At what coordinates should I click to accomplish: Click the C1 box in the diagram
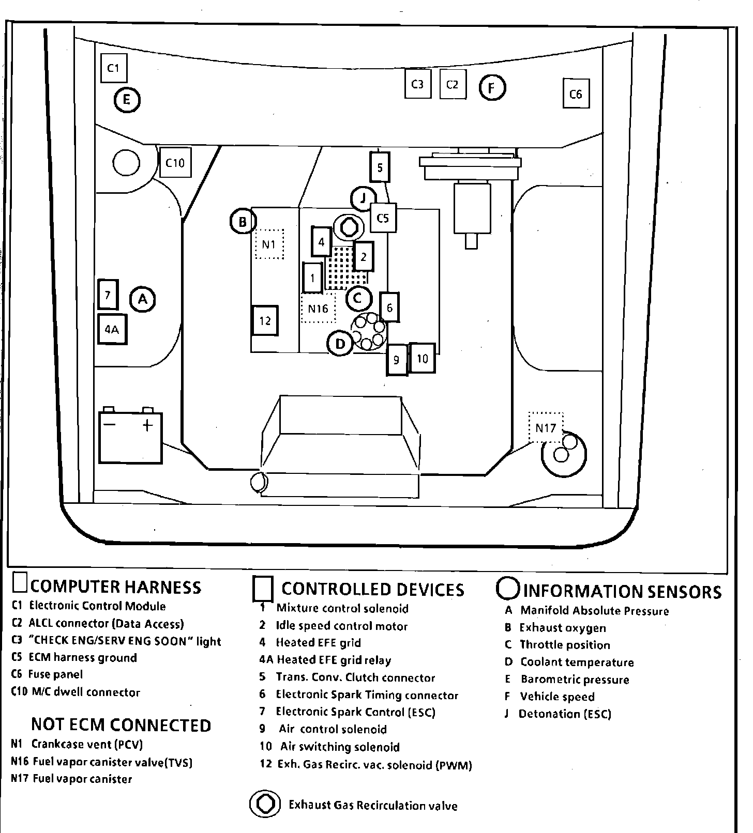pos(114,67)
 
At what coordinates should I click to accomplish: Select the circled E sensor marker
pos(127,100)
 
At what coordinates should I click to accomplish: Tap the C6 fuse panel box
pos(576,94)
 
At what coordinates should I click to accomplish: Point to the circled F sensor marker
pos(491,87)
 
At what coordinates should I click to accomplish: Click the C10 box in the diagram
pos(175,163)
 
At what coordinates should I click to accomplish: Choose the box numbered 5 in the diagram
pos(380,167)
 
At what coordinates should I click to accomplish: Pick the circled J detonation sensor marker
pos(363,198)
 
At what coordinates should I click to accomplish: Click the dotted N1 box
pos(269,244)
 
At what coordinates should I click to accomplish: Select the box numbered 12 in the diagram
pos(265,320)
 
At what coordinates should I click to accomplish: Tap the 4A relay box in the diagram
pos(112,329)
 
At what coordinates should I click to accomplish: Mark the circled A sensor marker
pos(143,299)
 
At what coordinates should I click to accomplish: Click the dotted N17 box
pos(546,427)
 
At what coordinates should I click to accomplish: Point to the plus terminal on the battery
pos(148,425)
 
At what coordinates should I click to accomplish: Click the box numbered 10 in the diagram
pos(422,358)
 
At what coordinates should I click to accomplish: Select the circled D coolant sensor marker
pos(340,344)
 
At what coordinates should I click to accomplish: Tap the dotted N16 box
pos(318,308)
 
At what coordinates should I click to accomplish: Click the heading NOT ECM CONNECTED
pos(121,724)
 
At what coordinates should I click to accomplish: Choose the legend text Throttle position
pos(565,645)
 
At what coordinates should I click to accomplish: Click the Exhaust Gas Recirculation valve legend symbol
pos(266,805)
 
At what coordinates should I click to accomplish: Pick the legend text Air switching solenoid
pos(340,747)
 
